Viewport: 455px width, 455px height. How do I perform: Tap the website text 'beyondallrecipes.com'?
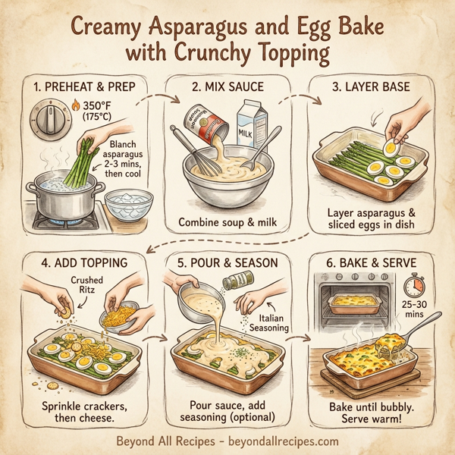tap(287, 440)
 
